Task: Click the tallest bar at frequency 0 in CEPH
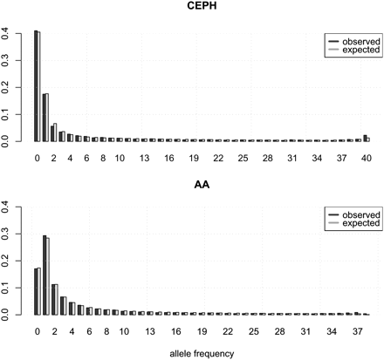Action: point(37,87)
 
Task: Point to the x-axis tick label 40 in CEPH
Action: point(367,157)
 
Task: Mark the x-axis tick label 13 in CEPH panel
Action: point(151,157)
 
